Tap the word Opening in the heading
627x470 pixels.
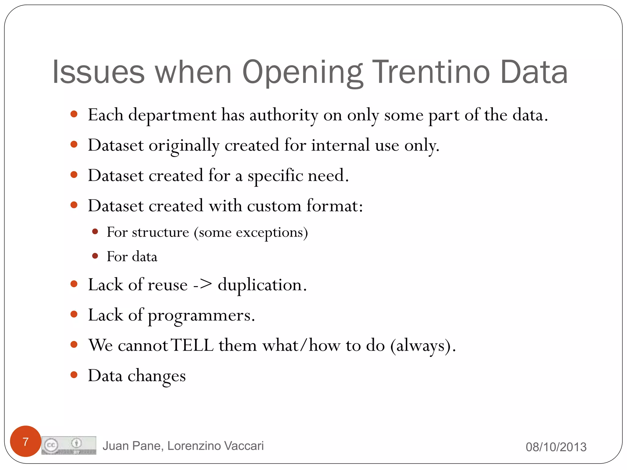(302, 73)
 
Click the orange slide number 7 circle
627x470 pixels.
(26, 441)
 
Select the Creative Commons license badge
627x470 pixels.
(69, 445)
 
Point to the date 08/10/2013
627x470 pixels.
(556, 447)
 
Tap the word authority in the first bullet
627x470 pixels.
(284, 115)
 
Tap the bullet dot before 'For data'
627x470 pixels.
(95, 256)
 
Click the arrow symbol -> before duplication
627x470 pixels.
(202, 285)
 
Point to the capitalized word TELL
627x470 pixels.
(192, 345)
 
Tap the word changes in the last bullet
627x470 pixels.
(156, 376)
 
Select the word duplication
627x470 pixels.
(260, 285)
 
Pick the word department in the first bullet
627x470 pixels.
(172, 115)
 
